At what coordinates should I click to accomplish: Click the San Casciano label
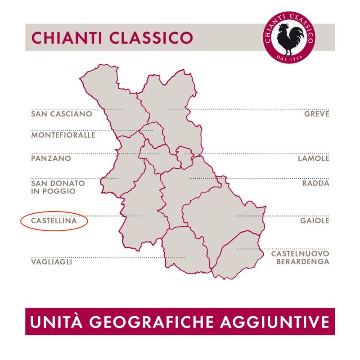62,114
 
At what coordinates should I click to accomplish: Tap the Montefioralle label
63,135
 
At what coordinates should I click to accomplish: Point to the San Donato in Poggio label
58,187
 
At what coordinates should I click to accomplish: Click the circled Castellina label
54,221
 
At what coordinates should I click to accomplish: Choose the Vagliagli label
51,261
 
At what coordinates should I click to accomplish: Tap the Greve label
317,114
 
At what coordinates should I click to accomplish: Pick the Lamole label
314,158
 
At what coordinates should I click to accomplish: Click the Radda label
316,183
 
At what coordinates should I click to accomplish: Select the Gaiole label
315,221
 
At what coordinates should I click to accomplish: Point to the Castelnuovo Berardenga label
300,258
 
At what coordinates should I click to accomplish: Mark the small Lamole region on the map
184,157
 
